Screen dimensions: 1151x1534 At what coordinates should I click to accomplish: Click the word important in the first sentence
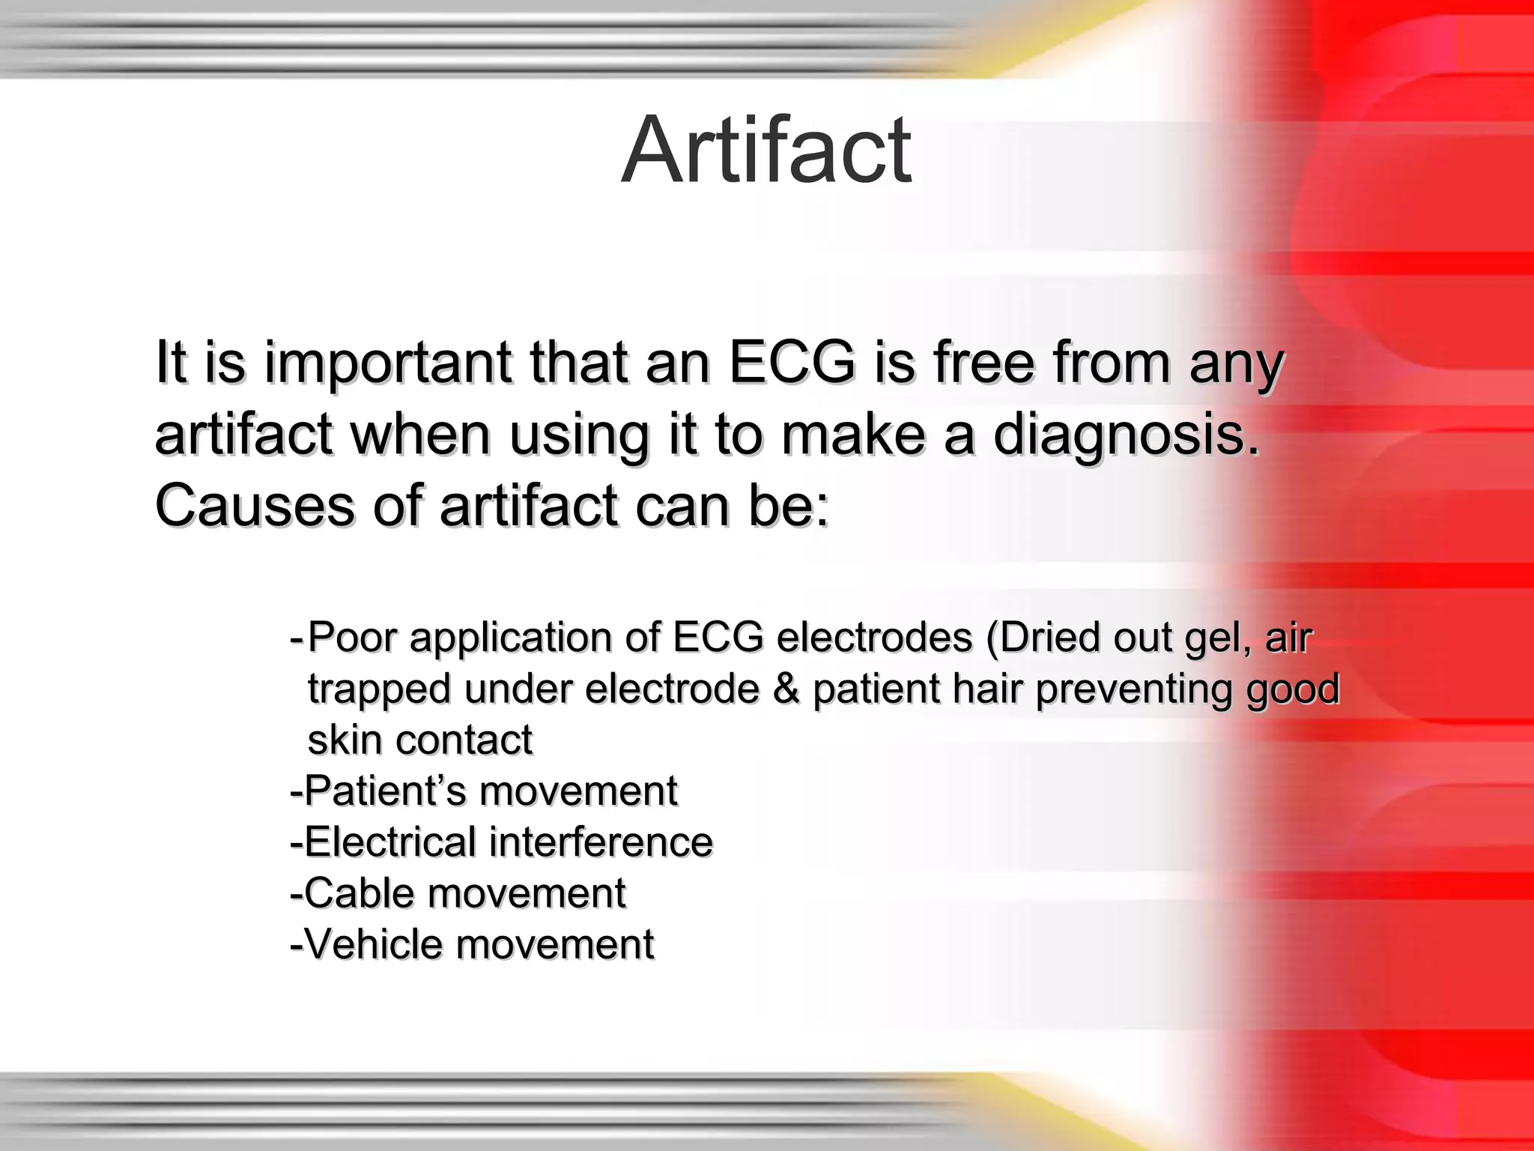(388, 363)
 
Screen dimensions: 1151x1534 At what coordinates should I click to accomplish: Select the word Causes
(254, 507)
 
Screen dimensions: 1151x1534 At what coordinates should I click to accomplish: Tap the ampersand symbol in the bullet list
(786, 689)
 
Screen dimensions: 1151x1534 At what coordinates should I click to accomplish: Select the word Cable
(354, 893)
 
